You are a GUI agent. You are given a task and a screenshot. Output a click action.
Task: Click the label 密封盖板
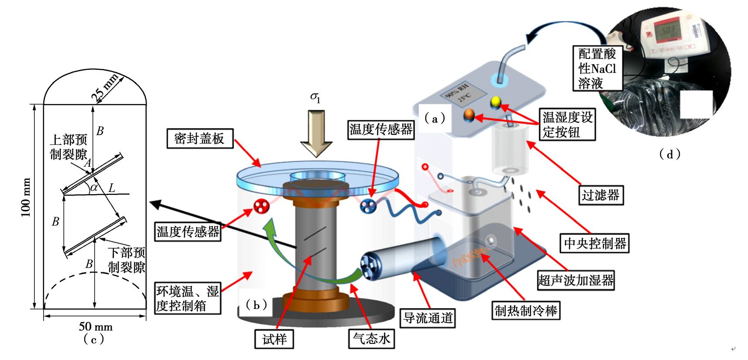(x=199, y=139)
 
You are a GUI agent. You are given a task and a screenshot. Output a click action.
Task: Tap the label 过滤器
(x=600, y=195)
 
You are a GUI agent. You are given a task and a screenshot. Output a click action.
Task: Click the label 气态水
(x=371, y=338)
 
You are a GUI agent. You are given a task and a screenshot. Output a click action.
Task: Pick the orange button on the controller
(x=469, y=115)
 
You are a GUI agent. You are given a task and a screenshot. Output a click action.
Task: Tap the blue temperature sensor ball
(x=367, y=206)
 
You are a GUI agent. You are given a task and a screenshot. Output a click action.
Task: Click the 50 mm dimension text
(x=96, y=326)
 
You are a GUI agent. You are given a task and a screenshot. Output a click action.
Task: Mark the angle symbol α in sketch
(x=93, y=188)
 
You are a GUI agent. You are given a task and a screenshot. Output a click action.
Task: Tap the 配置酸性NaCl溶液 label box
(x=597, y=69)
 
